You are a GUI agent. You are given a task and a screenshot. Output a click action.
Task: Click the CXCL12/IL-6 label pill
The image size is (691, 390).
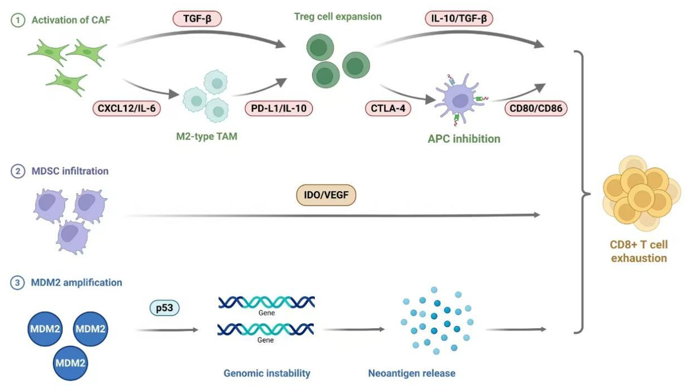pos(127,108)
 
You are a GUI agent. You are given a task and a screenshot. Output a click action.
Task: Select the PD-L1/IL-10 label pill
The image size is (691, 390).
pos(278,108)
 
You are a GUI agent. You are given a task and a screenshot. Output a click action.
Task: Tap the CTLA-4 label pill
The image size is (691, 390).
pos(388,108)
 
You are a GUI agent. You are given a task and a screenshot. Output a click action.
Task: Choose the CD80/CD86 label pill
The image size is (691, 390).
pos(536,108)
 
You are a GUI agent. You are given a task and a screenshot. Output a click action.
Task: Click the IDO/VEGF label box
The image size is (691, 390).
pos(326,195)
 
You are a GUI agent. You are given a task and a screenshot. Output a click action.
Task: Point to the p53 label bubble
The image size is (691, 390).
pos(164,308)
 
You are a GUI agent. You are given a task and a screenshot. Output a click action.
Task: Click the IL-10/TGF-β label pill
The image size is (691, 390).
pos(459,19)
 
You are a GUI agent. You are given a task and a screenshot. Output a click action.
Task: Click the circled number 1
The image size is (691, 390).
pos(18,20)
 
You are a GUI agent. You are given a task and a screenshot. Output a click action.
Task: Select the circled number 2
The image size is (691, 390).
pos(18,171)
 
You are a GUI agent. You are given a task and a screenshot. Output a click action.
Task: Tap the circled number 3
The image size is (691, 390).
pos(17,282)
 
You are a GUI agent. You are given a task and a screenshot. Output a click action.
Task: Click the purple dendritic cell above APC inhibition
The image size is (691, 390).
pos(460,99)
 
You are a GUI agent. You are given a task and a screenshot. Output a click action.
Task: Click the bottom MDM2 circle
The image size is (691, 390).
pos(70,363)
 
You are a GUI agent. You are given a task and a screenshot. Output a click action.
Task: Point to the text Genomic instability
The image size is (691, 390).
pos(267,373)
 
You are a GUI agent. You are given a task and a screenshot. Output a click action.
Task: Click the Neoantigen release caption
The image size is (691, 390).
pos(412,373)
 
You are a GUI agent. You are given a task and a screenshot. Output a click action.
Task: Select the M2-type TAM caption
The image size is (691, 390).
pos(207,136)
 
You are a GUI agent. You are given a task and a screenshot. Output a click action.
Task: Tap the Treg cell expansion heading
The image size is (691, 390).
pos(338,16)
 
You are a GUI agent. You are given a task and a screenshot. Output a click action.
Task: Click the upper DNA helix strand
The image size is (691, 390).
pos(266,302)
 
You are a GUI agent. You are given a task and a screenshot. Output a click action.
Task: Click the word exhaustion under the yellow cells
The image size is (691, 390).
pos(639,258)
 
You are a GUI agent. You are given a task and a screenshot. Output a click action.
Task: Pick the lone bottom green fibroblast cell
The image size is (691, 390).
pos(67,82)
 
